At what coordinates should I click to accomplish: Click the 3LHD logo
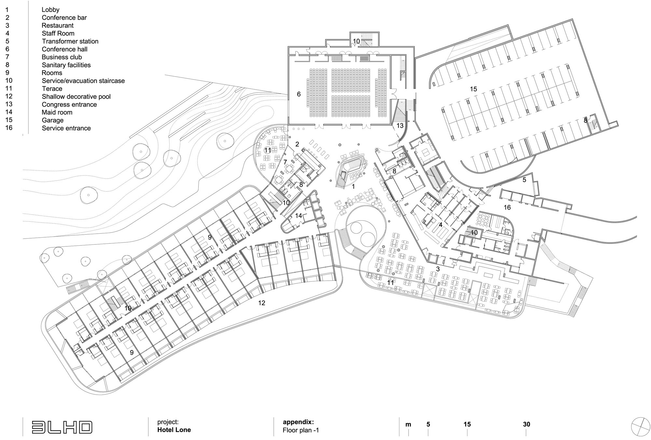pos(62,427)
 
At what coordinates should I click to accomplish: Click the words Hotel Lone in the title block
pos(174,430)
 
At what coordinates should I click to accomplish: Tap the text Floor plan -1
pos(301,430)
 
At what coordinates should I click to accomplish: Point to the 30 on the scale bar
pos(526,424)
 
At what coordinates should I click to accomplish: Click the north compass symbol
pos(641,427)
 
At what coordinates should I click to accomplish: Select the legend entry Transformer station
pos(70,41)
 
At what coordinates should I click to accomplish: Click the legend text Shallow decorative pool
pos(76,97)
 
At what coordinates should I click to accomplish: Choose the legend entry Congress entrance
pos(69,105)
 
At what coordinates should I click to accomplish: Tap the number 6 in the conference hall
pos(299,94)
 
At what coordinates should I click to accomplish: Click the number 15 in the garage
pos(473,89)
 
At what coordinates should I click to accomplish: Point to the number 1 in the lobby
pos(353,187)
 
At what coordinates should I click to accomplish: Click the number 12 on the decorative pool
pos(262,303)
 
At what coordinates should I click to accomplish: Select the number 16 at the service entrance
pos(507,207)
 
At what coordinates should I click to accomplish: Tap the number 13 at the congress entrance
pos(400,125)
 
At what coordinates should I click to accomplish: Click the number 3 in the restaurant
pos(438,269)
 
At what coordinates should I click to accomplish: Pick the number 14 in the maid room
pos(299,216)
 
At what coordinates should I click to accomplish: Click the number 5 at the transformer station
pos(524,180)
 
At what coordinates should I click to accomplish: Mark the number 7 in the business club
pos(285,162)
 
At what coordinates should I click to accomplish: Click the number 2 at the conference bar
pos(297,144)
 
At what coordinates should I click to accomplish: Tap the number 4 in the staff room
pos(440,225)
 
